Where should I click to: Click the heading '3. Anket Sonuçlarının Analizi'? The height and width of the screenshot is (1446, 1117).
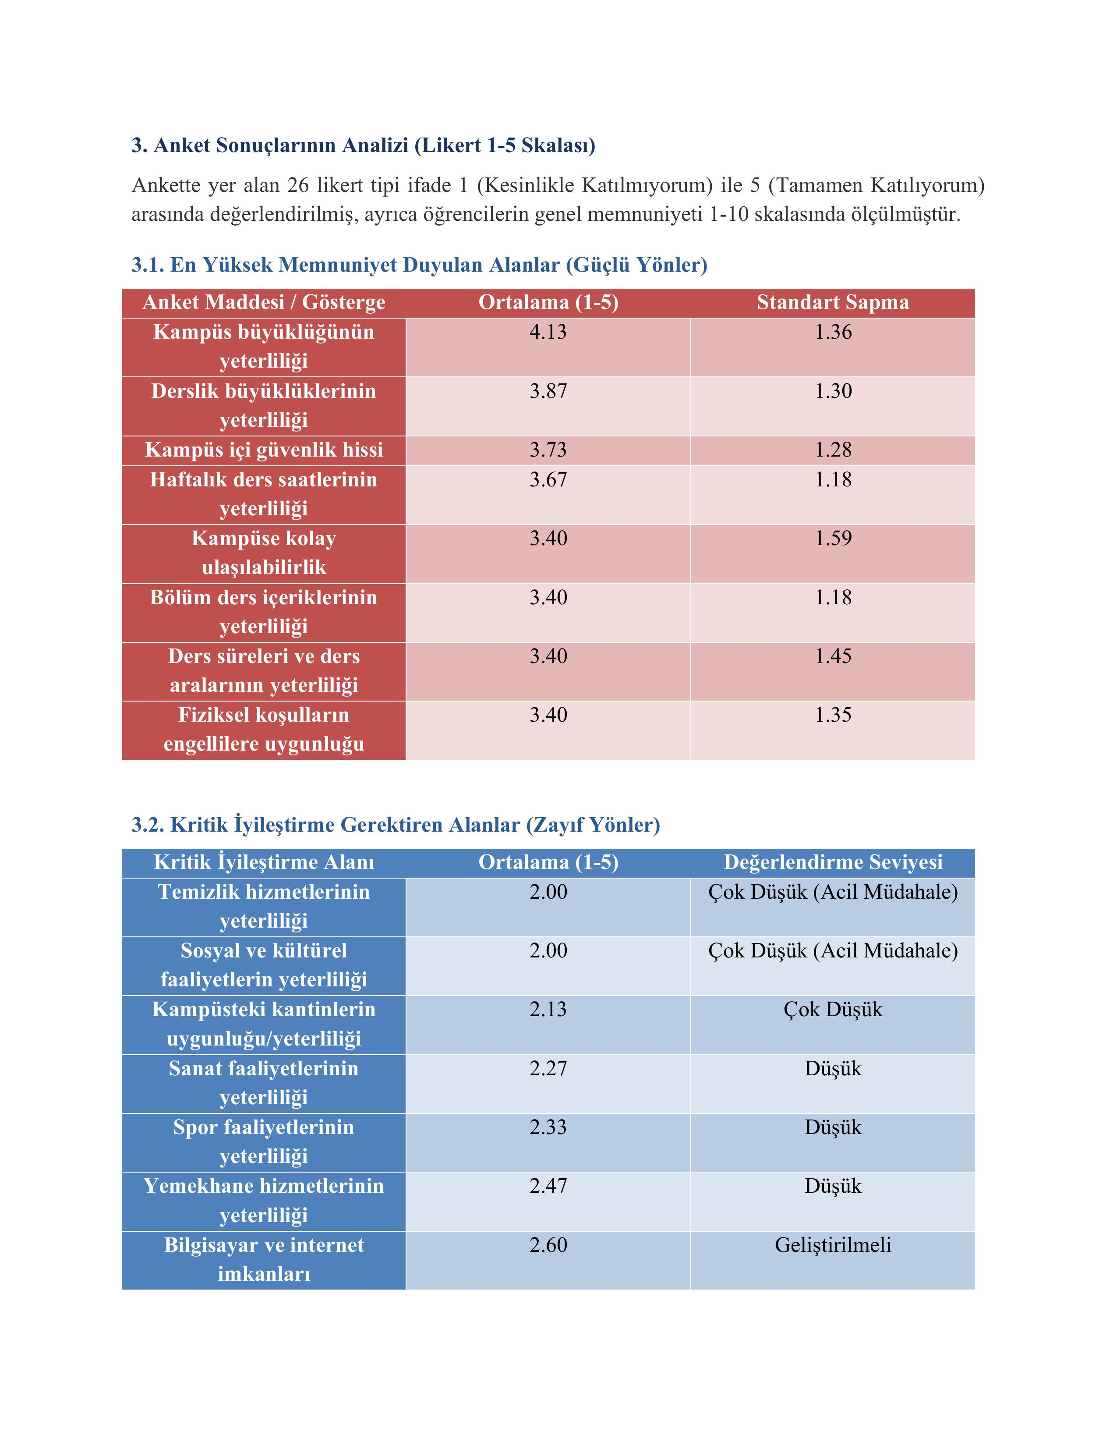click(x=363, y=145)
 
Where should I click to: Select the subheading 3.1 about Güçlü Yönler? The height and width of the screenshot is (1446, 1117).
click(x=420, y=265)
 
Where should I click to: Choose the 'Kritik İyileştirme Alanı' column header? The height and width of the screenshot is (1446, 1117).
click(x=264, y=861)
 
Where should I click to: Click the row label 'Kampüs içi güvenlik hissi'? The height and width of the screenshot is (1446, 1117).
click(x=264, y=450)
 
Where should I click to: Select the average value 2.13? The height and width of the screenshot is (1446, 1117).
click(x=548, y=1009)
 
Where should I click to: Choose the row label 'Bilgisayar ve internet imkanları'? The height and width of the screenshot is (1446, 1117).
click(x=264, y=1259)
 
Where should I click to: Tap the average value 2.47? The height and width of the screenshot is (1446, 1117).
click(x=548, y=1186)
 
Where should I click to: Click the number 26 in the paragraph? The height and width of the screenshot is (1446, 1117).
click(x=298, y=185)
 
